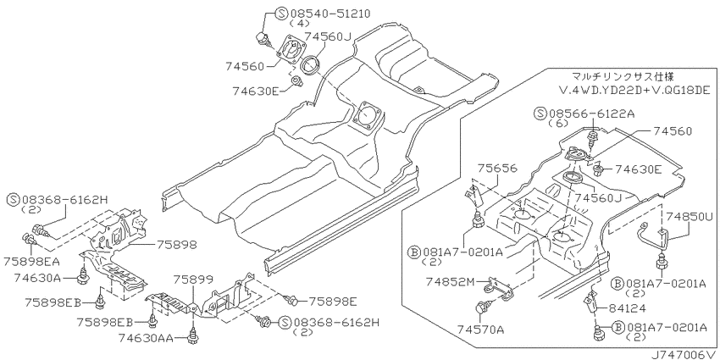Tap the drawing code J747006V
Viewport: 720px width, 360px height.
coord(684,355)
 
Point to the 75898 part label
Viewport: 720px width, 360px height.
coord(177,245)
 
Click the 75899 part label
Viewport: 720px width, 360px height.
coord(193,279)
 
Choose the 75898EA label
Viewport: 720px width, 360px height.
coord(31,261)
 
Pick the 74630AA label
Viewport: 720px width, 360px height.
coord(146,339)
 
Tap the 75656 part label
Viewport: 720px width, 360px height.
coord(497,169)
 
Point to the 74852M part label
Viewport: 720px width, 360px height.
coord(449,280)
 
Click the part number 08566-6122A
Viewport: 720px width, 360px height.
coord(590,114)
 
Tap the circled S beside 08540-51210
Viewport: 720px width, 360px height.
coord(281,13)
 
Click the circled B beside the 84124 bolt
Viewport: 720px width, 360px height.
coord(618,328)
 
